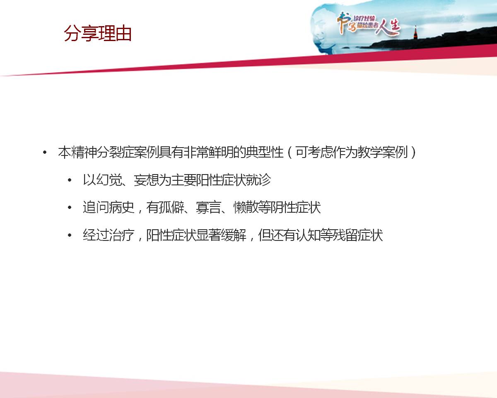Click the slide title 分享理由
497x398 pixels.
98,33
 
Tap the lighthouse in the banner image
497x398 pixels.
415,32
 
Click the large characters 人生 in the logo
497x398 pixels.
388,27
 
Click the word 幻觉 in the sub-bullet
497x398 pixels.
109,180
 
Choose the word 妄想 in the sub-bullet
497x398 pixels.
146,180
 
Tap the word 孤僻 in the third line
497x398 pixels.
171,207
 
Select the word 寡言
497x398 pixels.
209,207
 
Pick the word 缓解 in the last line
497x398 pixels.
234,235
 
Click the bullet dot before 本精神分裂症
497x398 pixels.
45,153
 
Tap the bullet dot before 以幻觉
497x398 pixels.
70,180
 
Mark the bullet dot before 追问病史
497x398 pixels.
70,207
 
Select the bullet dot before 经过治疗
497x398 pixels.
70,235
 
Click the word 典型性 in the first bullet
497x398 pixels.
264,153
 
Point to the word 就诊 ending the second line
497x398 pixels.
258,180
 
